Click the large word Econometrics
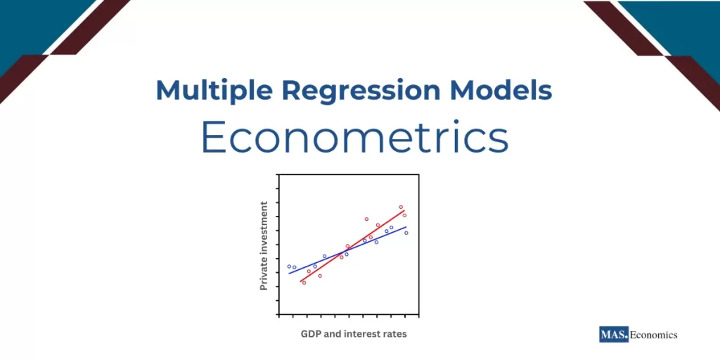pos(354,138)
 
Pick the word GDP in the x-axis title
pos(311,334)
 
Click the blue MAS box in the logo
pos(613,335)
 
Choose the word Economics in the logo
pos(653,335)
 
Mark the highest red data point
pos(401,207)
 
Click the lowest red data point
pos(304,283)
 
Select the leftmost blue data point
pos(289,266)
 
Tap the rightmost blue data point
pos(406,233)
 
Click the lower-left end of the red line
pos(301,281)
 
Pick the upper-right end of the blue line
pos(406,227)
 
